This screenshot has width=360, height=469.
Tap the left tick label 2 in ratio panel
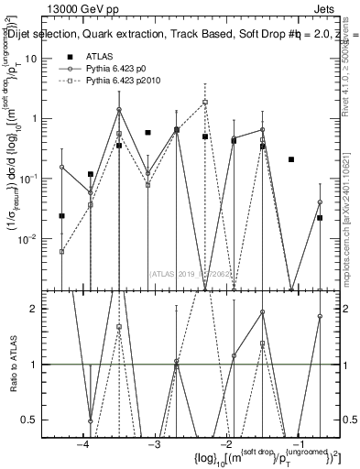pos(43,309)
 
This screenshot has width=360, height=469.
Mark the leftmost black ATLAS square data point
pos(62,216)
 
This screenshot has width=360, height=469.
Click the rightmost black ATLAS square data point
pos(320,218)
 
